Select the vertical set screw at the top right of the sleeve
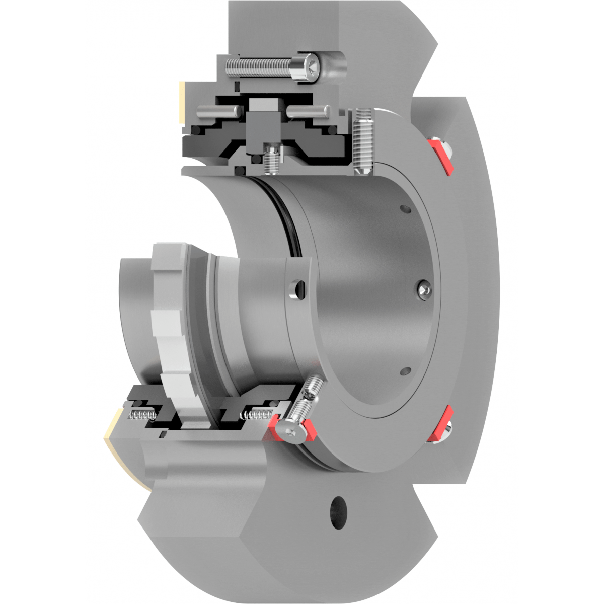point(363,142)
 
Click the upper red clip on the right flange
point(440,156)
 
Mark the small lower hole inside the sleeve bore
point(406,371)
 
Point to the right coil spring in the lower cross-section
point(257,415)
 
